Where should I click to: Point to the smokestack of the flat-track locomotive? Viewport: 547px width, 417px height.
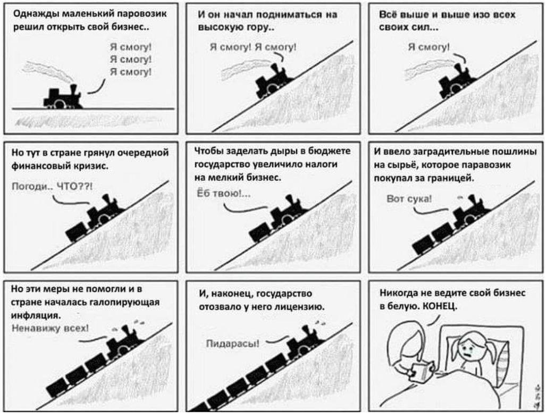pos(73,89)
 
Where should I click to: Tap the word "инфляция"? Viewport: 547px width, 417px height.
pos(37,315)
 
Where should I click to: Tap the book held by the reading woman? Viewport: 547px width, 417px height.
pos(421,371)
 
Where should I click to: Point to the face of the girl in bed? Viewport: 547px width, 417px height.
pos(468,350)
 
